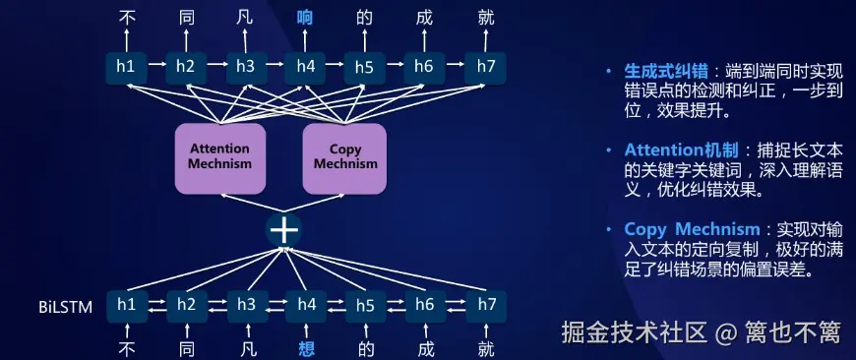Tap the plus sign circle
point(284,230)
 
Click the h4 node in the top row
point(306,67)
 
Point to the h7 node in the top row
point(486,67)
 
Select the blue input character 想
point(306,347)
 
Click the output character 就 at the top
point(486,19)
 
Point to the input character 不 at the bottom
point(127,347)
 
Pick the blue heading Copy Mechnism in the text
point(693,229)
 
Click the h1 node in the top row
point(127,67)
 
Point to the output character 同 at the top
point(187,19)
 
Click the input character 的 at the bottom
point(366,347)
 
